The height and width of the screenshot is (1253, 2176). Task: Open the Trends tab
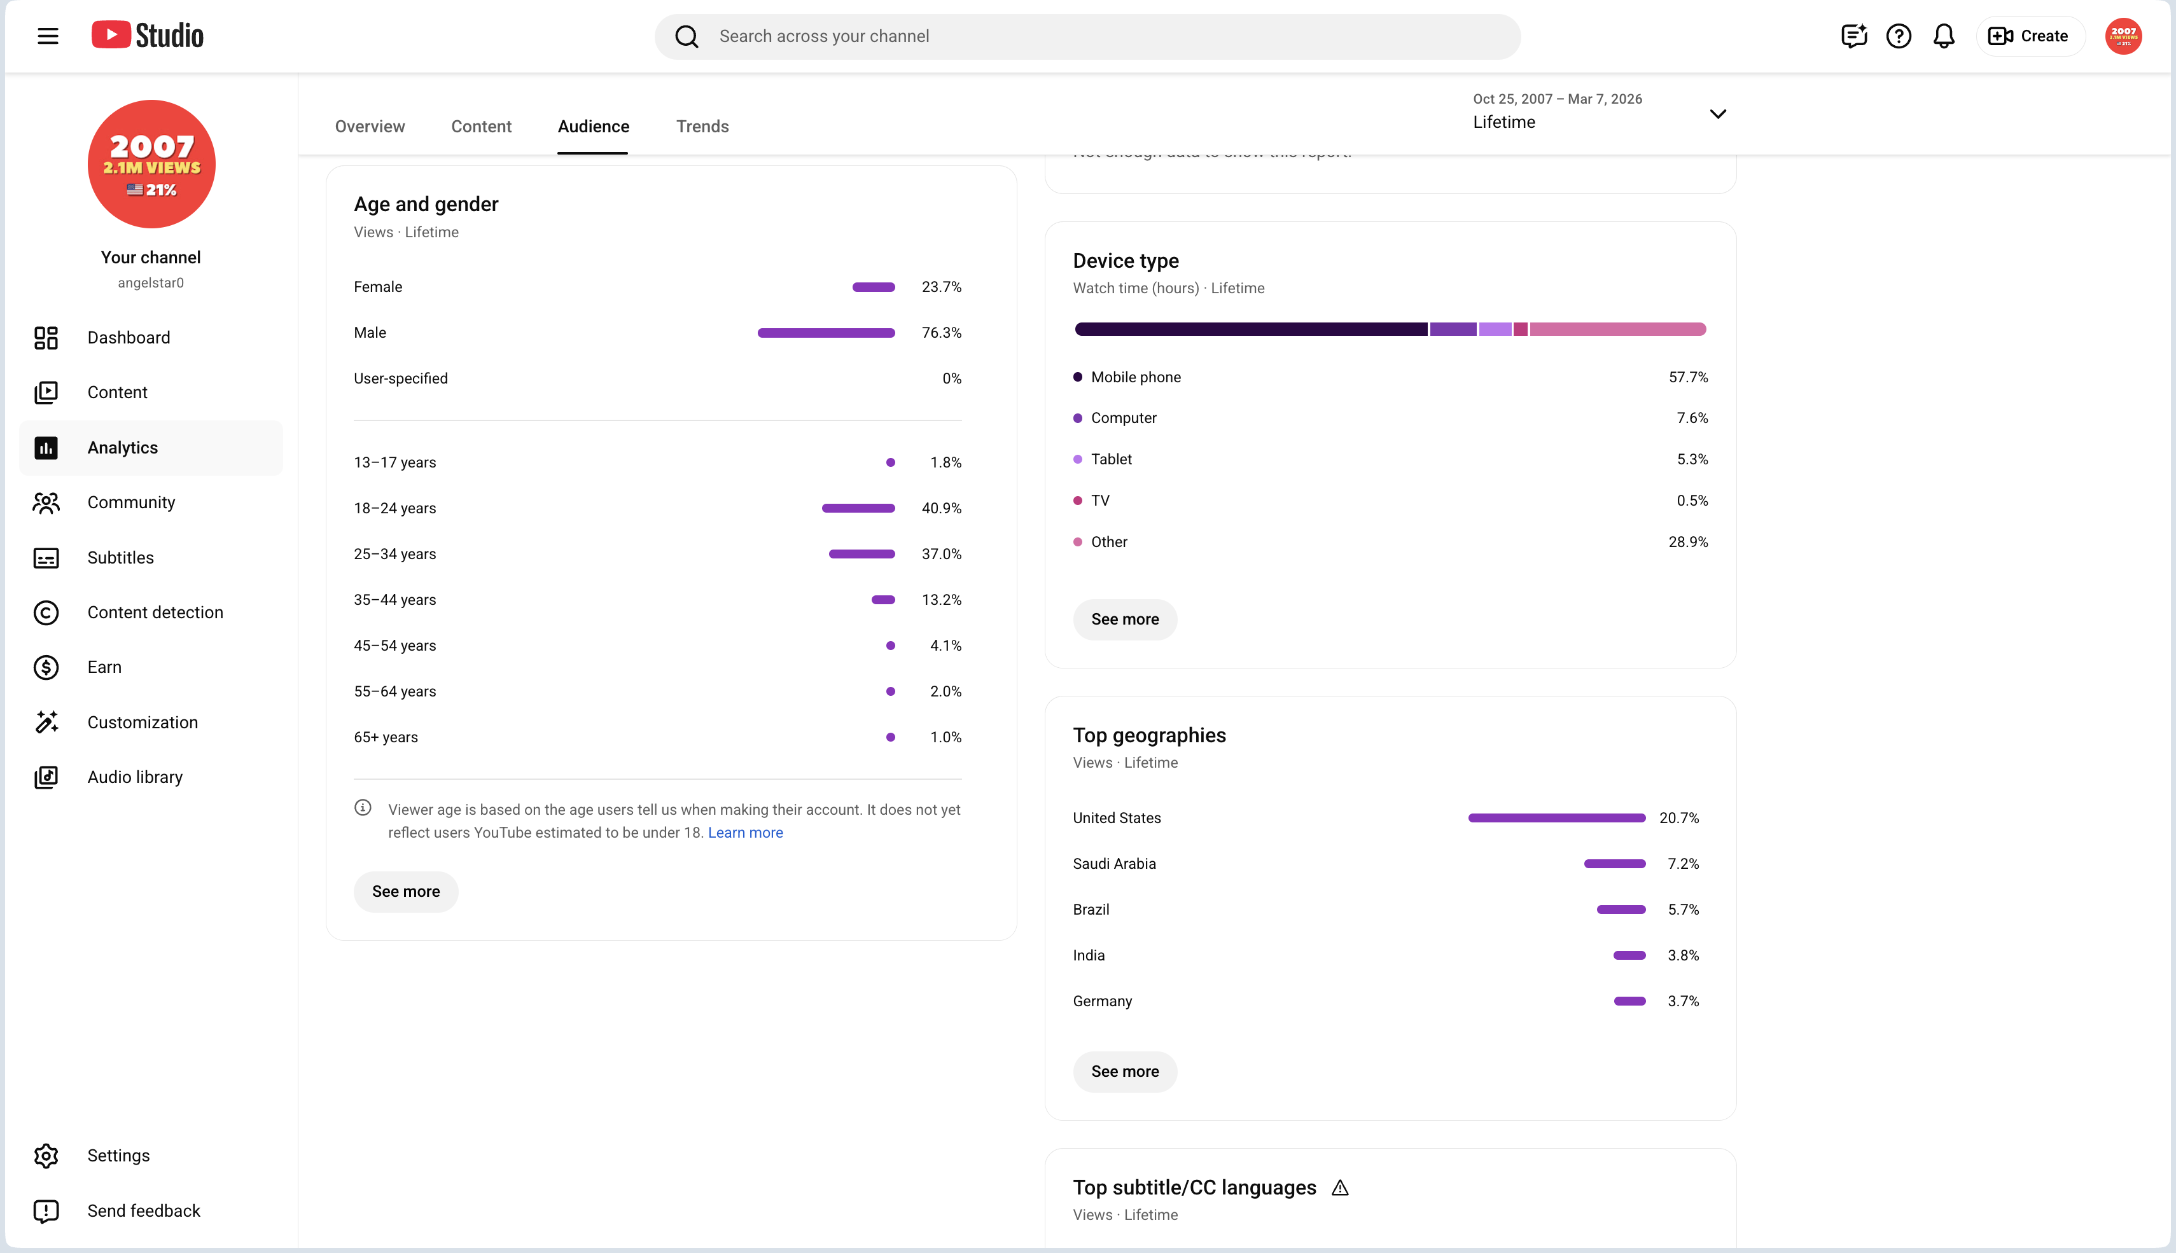click(702, 127)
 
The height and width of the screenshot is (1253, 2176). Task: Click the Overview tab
click(369, 127)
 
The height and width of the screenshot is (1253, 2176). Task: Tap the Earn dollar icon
click(46, 668)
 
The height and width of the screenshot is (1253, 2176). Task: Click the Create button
click(2030, 36)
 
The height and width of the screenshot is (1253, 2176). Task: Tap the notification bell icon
click(1944, 36)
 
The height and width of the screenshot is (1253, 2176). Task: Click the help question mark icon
click(1899, 36)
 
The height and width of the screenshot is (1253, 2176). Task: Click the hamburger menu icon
click(48, 36)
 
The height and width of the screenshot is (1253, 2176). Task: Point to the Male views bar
click(826, 333)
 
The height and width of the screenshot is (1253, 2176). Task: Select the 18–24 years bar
click(858, 509)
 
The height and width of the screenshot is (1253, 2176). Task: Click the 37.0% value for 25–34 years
click(942, 554)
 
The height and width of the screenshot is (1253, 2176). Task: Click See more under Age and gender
click(405, 892)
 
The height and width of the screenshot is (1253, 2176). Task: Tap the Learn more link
click(746, 833)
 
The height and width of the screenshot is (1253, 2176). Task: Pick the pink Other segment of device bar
click(1617, 329)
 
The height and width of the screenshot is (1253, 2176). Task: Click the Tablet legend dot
click(1078, 460)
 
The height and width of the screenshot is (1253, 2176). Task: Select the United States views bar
click(1557, 819)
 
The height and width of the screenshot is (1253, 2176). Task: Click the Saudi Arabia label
click(1114, 864)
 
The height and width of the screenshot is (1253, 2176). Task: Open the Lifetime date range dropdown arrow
click(1718, 114)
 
